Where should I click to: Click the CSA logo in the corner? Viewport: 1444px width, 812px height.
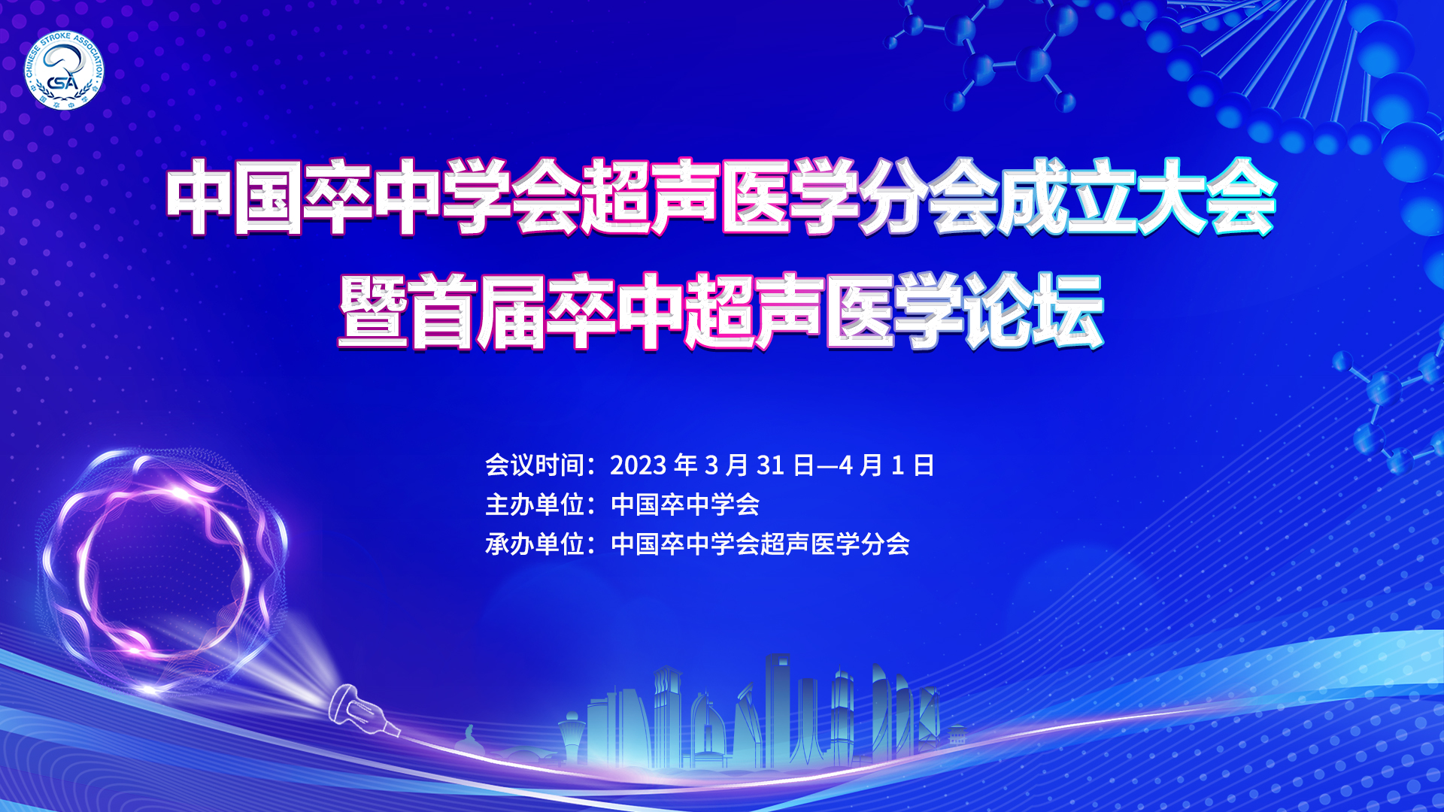[64, 71]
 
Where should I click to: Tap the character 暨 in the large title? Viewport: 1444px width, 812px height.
[374, 311]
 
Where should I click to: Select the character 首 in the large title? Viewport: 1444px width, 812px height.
[443, 311]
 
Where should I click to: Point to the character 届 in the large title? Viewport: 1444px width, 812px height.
[511, 311]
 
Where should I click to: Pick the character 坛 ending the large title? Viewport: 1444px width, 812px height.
[1068, 311]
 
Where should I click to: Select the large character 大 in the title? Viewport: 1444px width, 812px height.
[1172, 196]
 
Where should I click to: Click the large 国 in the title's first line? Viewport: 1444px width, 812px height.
[269, 196]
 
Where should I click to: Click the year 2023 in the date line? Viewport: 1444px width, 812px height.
[638, 465]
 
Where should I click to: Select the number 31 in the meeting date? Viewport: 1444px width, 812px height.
[770, 465]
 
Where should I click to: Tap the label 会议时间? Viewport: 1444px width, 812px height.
[535, 465]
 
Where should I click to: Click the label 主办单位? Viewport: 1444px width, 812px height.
[535, 504]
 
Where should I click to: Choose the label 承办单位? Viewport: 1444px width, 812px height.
[535, 544]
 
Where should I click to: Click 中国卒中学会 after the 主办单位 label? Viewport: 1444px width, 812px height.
[685, 504]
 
